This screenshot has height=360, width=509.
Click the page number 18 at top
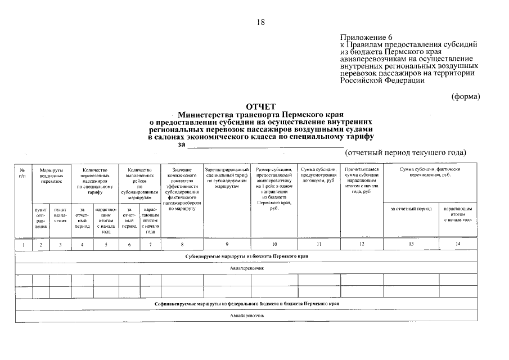[x=260, y=22]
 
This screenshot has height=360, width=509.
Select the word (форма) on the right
[x=466, y=96]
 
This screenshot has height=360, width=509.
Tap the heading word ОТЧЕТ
[x=260, y=107]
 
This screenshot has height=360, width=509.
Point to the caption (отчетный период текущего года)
[x=406, y=152]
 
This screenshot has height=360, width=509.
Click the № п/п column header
[x=22, y=172]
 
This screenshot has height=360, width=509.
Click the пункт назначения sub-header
[x=60, y=217]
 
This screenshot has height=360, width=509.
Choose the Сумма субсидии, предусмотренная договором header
[x=318, y=172]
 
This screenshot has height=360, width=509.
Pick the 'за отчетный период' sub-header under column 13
[x=411, y=209]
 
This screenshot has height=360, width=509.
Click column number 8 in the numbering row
[x=182, y=244]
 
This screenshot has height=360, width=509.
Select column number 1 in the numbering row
[x=22, y=245]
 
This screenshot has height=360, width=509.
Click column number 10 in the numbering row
[x=274, y=244]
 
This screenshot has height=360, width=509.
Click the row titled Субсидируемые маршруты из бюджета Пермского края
[x=246, y=256]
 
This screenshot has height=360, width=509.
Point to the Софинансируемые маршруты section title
[x=246, y=303]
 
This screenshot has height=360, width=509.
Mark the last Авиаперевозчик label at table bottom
[x=246, y=316]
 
